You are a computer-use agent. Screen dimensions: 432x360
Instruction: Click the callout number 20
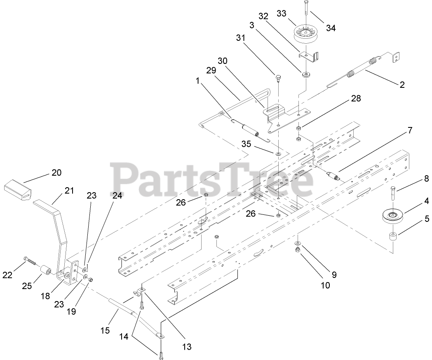point(56,172)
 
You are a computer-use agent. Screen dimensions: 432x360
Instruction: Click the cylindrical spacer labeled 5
point(393,238)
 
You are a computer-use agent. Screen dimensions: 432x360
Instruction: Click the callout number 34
point(330,28)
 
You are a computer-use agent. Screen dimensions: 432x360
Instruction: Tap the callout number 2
point(401,85)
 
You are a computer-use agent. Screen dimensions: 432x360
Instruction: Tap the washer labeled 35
point(278,154)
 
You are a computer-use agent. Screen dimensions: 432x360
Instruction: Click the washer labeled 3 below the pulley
point(306,75)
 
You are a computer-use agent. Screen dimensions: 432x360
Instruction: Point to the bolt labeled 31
point(278,77)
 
